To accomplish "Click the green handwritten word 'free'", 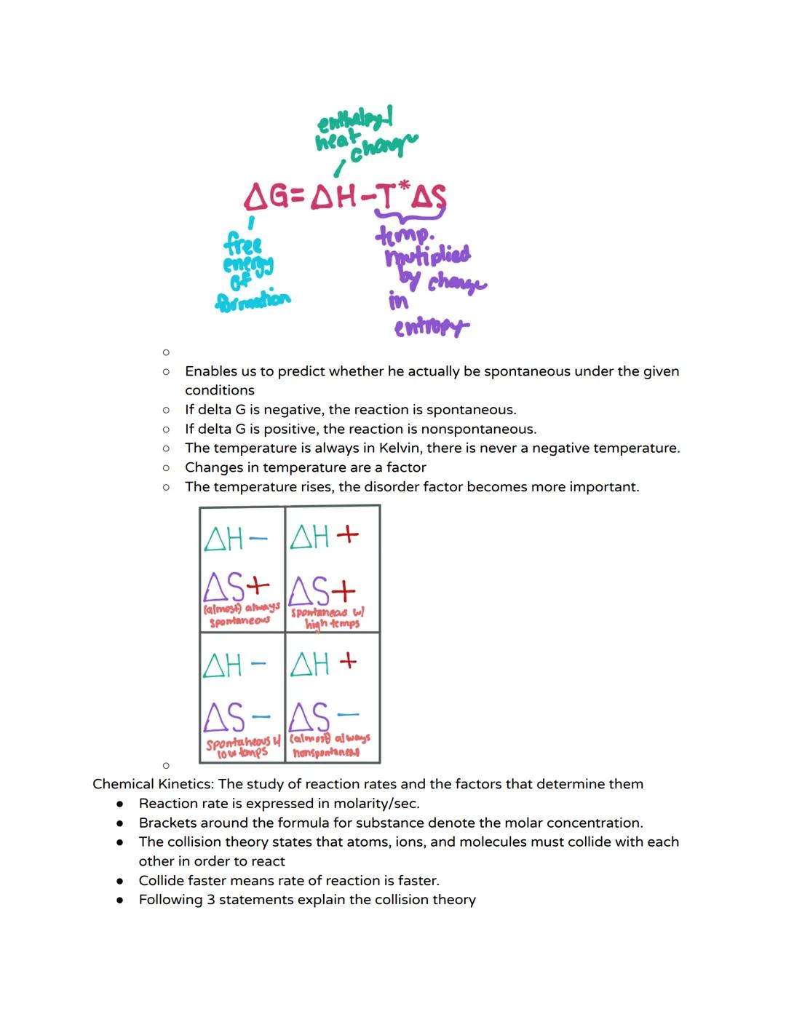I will (243, 242).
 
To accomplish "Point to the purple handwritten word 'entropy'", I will (430, 328).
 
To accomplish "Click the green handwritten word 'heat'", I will (336, 140).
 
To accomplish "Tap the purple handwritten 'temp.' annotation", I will (404, 234).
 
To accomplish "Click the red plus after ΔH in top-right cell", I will (347, 534).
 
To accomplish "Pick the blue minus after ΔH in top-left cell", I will (258, 539).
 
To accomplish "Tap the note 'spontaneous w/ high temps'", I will (330, 618).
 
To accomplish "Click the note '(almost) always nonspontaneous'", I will (329, 745).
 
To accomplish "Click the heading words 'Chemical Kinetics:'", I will (154, 784).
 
